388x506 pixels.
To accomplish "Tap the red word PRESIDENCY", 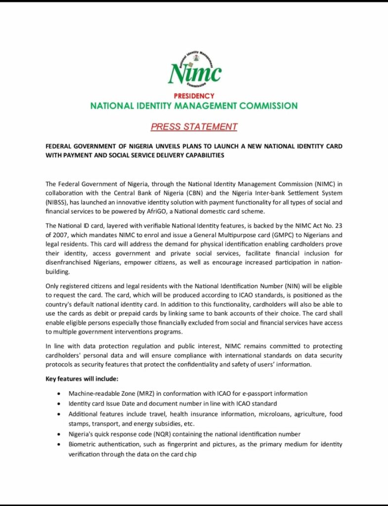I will click(194, 96).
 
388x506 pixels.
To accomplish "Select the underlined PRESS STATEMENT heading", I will click(194, 126).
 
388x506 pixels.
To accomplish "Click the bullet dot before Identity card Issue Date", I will click(59, 404).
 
